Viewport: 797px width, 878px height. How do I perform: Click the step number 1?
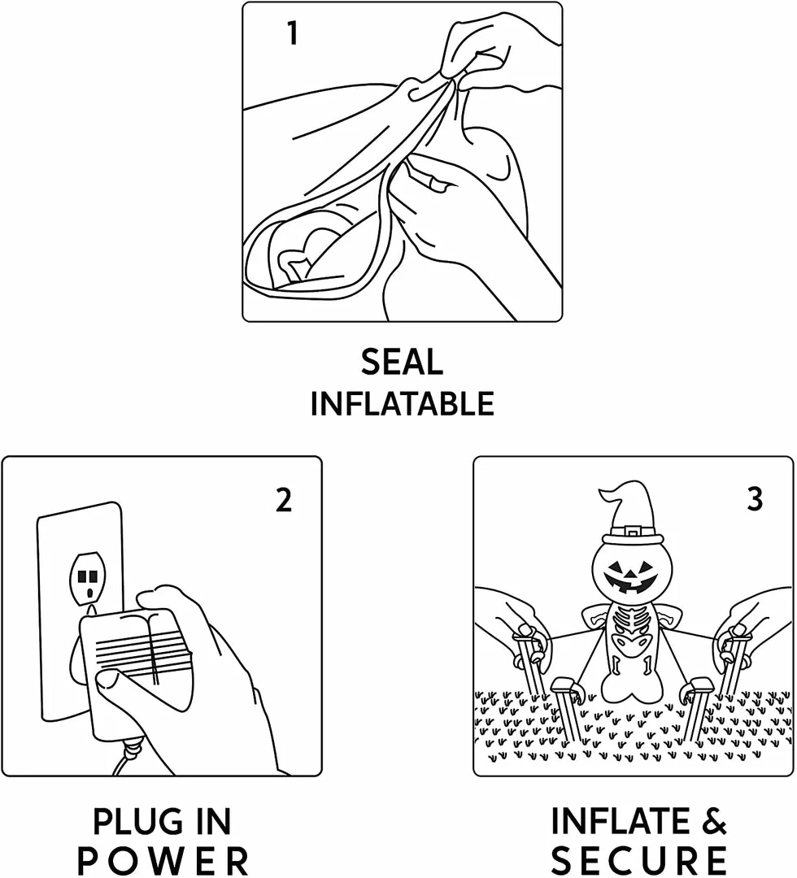292,33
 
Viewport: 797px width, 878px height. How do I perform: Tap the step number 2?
284,499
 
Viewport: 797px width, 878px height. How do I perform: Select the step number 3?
755,499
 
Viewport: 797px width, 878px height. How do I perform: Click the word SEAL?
402,362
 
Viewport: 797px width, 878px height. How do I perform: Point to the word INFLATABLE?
402,404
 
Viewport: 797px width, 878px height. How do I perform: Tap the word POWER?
163,861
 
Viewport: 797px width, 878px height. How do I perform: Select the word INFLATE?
620,821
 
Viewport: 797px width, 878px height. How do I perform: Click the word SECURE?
638,861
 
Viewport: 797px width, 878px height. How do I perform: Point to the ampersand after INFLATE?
714,821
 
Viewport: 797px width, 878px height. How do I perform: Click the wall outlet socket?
87,578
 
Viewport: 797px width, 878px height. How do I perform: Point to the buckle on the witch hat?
633,530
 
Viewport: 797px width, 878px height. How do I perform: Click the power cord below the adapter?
126,758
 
